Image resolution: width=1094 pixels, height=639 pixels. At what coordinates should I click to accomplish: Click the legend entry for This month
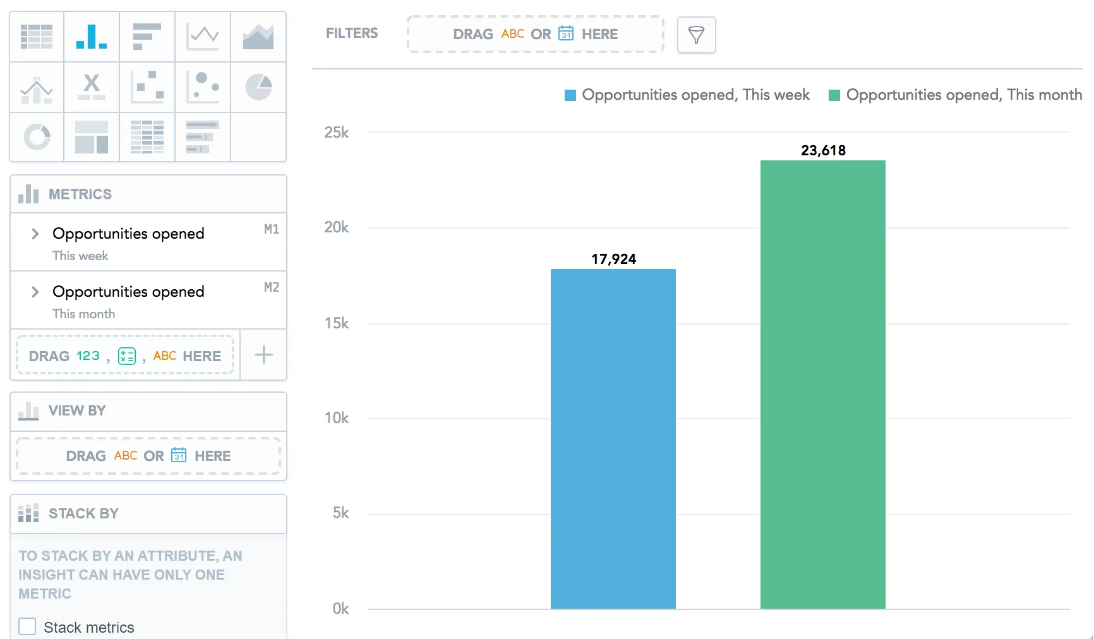pos(955,95)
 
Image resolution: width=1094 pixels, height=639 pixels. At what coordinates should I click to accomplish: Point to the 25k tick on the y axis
pos(336,133)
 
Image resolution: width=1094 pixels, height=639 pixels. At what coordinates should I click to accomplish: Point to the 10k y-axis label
pos(336,418)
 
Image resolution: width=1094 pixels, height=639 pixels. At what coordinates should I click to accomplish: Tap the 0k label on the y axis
pos(340,609)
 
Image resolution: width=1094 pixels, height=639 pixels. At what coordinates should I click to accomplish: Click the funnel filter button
pos(696,35)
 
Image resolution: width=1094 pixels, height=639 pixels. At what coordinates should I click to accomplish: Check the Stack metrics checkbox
pos(27,626)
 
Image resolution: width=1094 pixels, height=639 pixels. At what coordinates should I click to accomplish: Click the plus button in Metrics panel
pos(263,355)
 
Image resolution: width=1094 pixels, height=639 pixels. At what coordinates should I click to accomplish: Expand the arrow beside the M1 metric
pos(35,234)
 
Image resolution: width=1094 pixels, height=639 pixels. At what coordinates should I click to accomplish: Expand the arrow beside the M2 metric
pos(35,292)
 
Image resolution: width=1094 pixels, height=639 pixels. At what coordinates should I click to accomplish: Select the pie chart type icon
pos(258,87)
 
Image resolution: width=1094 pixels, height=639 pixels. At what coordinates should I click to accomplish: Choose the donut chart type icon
pos(37,137)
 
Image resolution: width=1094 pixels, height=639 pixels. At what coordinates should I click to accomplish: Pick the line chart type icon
pos(203,36)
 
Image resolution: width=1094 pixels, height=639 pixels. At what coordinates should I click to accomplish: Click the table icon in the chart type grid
pos(37,36)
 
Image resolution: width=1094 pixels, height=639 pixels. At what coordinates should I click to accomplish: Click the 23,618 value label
pos(822,150)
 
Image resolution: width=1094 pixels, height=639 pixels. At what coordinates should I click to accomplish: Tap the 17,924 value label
pos(613,259)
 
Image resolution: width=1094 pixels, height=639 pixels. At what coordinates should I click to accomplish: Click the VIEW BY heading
pos(77,410)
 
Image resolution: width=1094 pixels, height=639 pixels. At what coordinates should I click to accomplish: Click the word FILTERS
pos(352,33)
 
